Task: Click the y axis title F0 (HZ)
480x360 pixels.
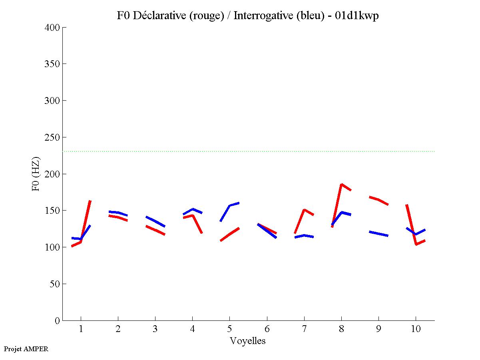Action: (x=36, y=174)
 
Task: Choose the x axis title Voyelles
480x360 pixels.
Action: (x=248, y=341)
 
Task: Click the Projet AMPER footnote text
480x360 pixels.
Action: (x=26, y=349)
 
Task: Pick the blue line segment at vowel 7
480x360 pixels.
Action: (x=304, y=236)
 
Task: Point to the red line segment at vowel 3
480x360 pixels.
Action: (x=155, y=230)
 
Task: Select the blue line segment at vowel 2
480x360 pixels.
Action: (x=118, y=213)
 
